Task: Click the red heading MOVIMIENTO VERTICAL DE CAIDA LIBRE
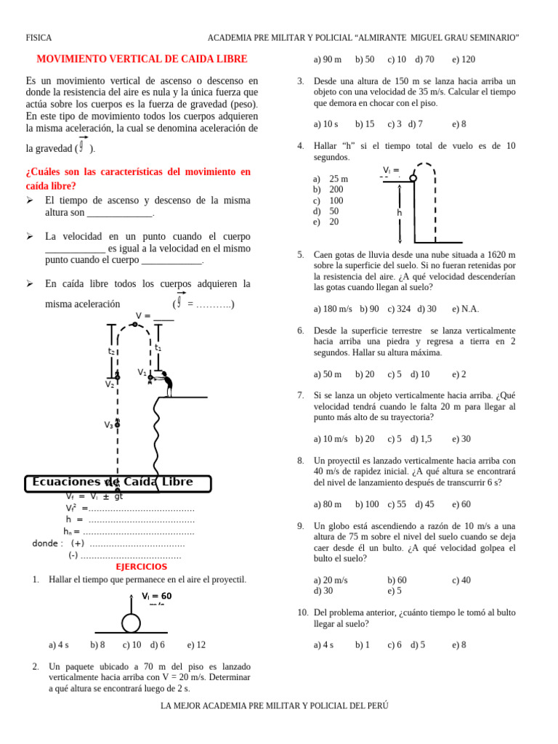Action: tap(142, 59)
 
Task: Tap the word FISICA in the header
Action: tap(39, 38)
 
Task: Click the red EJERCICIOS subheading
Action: tap(141, 567)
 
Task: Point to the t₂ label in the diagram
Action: tap(111, 351)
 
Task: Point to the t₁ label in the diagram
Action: tap(158, 347)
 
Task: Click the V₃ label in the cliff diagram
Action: tap(108, 425)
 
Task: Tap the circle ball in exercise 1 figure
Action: tap(131, 623)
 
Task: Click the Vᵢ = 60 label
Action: tap(157, 596)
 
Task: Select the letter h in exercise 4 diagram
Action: tap(400, 213)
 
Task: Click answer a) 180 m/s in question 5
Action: tap(333, 309)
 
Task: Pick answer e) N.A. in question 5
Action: tap(465, 309)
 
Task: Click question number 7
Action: tap(301, 395)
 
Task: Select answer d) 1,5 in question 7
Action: tap(421, 439)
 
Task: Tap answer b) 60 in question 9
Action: tap(397, 580)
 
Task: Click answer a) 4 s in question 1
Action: tap(58, 644)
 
